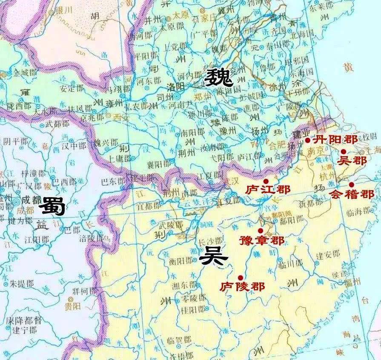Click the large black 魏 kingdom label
pyautogui.click(x=219, y=78)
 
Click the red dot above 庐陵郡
pyautogui.click(x=241, y=277)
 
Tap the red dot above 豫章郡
pyautogui.click(x=261, y=230)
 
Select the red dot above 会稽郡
pyautogui.click(x=351, y=184)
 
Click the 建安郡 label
pyautogui.click(x=328, y=254)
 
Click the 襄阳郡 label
pyautogui.click(x=160, y=163)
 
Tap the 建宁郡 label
pyautogui.click(x=24, y=330)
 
